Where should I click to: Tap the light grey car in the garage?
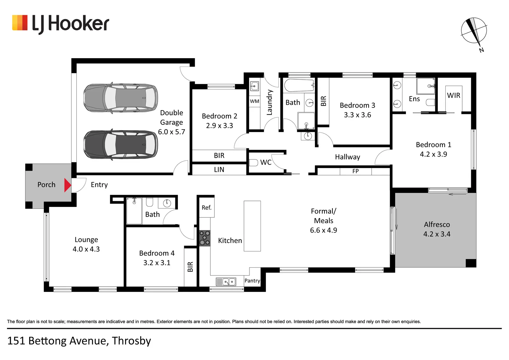(121, 98)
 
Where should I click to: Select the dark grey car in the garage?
(121, 145)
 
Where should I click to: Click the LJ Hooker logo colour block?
(20, 23)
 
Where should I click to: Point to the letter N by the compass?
(481, 50)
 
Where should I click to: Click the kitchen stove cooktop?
(205, 238)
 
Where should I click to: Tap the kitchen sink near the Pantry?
(226, 282)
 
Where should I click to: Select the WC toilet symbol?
(253, 162)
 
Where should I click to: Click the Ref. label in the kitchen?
(206, 208)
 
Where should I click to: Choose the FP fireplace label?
(355, 171)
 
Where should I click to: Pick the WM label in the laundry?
(254, 101)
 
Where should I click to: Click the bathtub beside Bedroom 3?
(299, 85)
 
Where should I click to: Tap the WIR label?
(454, 95)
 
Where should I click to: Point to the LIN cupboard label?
(219, 169)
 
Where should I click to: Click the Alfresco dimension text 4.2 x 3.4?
(437, 234)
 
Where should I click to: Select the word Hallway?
(347, 157)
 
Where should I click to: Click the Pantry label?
(252, 281)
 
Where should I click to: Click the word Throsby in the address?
(131, 341)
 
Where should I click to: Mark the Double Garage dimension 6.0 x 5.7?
(171, 132)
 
